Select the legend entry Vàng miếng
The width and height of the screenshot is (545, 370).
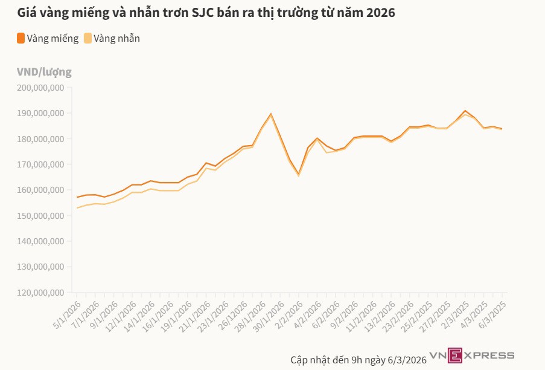pos(53,39)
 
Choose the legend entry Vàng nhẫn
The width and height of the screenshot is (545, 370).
pos(118,39)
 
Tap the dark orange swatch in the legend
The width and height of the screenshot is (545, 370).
pos(21,39)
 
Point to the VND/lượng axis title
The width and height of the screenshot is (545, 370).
pos(44,72)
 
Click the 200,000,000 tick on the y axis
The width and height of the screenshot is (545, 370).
pos(40,88)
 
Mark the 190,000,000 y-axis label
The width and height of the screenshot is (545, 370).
pos(40,114)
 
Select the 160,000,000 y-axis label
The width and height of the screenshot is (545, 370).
pos(40,190)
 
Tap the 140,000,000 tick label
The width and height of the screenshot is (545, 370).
pos(40,241)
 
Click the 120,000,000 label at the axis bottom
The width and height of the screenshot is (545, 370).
pos(40,293)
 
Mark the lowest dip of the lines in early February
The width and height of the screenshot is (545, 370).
pos(298,175)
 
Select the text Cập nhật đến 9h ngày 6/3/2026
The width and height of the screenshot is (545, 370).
pos(359,359)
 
